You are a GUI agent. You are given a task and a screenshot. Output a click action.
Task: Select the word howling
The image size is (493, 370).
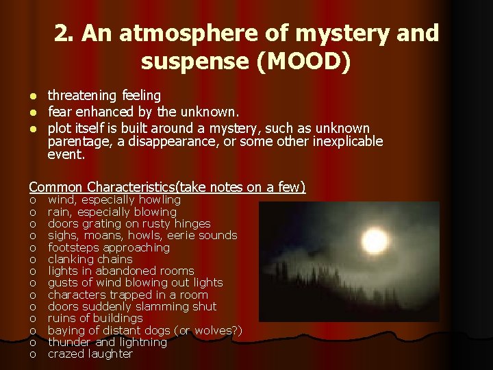pos(159,200)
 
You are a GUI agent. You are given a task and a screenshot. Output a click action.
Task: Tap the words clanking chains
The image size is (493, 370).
pos(90,259)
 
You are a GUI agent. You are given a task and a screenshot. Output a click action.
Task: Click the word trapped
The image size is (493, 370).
pos(138,295)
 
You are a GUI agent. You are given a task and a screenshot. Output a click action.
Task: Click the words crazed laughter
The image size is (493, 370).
pos(90,354)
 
